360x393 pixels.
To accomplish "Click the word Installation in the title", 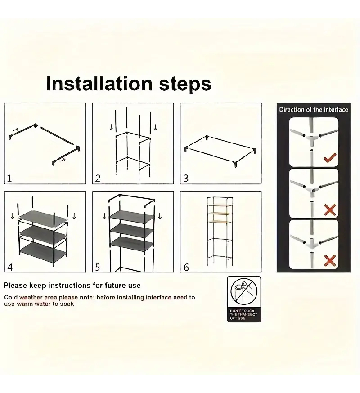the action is [x=99, y=83].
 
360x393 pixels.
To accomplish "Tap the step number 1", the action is [x=9, y=179].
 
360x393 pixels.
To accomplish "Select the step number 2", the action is [x=98, y=179].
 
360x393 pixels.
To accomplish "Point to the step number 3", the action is [x=186, y=179].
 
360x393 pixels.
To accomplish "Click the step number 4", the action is [x=10, y=267].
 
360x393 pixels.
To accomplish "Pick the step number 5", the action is [x=98, y=267].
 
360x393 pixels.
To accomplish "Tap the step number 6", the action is [x=186, y=267].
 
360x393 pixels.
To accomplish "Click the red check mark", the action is [x=330, y=158].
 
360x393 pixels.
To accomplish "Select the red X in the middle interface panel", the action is [x=330, y=210].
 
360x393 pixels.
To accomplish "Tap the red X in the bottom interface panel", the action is [x=330, y=261].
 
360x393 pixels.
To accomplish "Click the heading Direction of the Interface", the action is [x=314, y=110].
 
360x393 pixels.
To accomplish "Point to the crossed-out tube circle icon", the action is [x=244, y=292].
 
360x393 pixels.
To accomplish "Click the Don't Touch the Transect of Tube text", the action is [x=243, y=314].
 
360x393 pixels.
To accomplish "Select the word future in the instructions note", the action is [x=116, y=286].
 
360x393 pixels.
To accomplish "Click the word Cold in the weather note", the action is [x=10, y=298].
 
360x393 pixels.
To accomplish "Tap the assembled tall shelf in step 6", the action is [x=220, y=231].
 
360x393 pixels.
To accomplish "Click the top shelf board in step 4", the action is [x=42, y=218].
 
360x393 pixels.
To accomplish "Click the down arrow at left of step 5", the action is [x=104, y=216].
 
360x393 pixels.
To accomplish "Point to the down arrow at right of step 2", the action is [x=155, y=127].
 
